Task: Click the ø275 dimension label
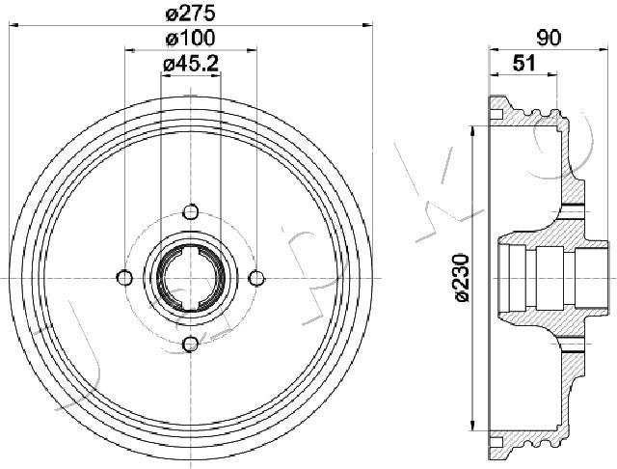pos(191,14)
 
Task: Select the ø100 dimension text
pos(191,39)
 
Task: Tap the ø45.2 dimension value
pos(191,64)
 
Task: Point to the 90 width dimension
pos(549,39)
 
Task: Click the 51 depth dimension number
pos(524,63)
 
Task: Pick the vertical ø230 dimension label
pos(462,278)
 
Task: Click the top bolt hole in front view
pos(191,212)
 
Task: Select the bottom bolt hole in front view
pos(191,345)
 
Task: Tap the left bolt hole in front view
pos(124,278)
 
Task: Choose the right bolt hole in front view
pos(256,278)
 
